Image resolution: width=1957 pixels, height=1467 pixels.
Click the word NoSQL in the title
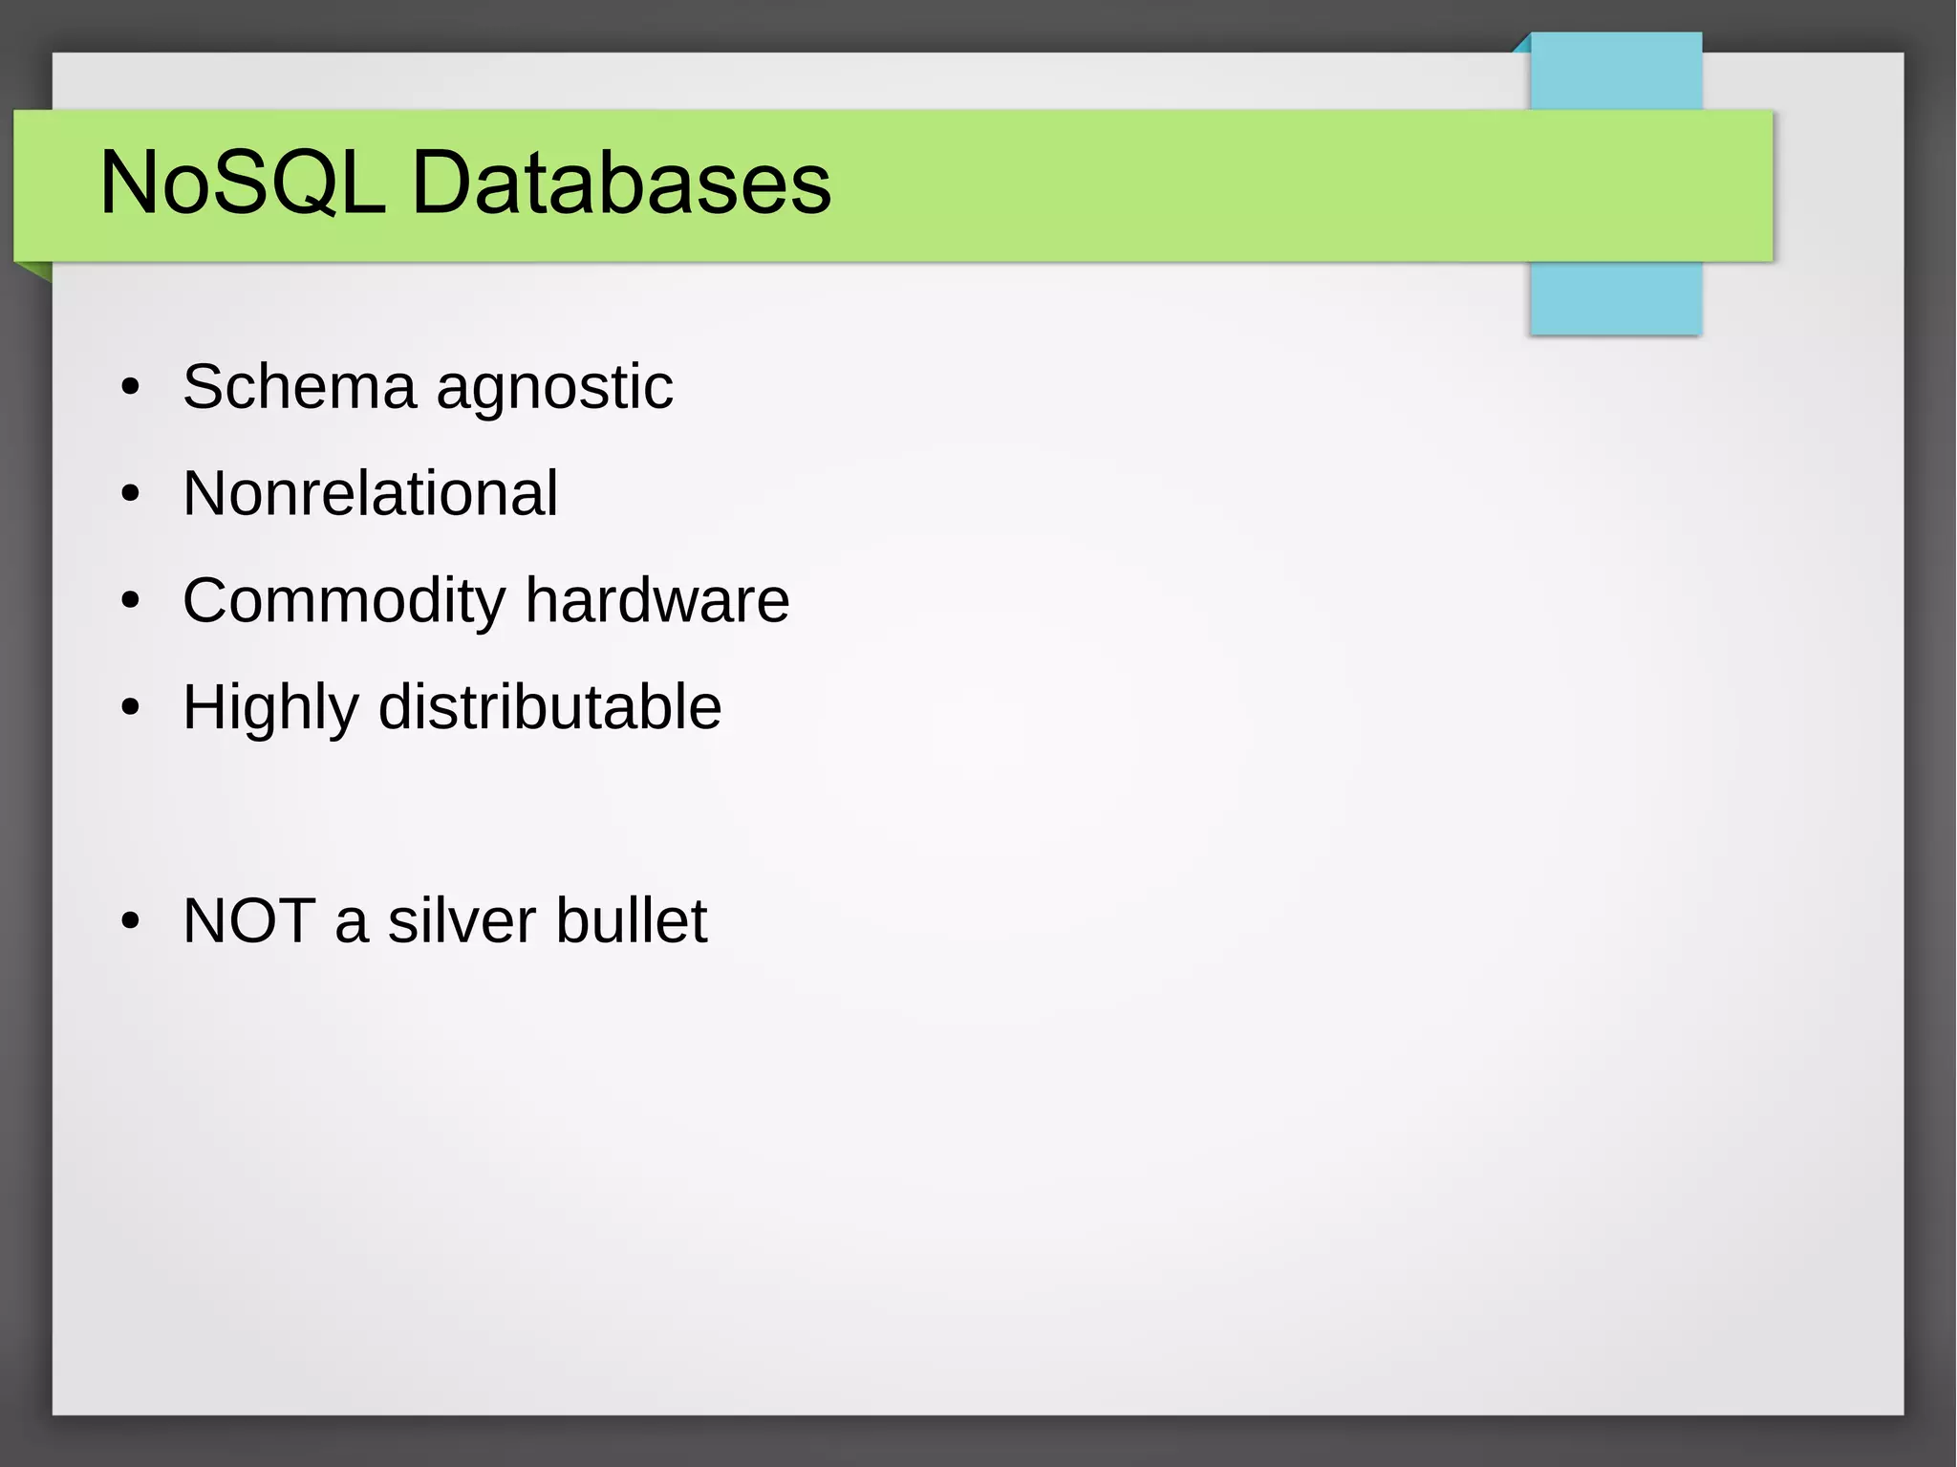[x=243, y=183]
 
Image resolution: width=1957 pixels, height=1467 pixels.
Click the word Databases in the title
[x=621, y=183]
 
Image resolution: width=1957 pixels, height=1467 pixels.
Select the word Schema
[x=299, y=387]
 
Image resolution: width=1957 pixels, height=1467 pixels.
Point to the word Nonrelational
[x=370, y=493]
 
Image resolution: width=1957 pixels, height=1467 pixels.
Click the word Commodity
[x=344, y=602]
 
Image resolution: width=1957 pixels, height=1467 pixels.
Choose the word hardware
[x=657, y=600]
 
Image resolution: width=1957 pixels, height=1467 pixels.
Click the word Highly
[x=270, y=709]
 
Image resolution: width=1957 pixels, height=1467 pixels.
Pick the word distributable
[x=549, y=707]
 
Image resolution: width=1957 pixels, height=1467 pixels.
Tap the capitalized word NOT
[x=248, y=920]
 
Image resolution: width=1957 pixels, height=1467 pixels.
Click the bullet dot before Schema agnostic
[x=131, y=388]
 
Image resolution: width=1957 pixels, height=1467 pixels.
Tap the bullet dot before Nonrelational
[x=131, y=495]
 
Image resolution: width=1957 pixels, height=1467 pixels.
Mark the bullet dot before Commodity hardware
[x=131, y=602]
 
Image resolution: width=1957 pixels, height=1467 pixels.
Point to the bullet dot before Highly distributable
[x=131, y=709]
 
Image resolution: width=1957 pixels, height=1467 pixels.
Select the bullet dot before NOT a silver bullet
[x=131, y=922]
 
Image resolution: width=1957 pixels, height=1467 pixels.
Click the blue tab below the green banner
[x=1615, y=298]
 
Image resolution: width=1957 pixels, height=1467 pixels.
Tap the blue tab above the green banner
[x=1615, y=72]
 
